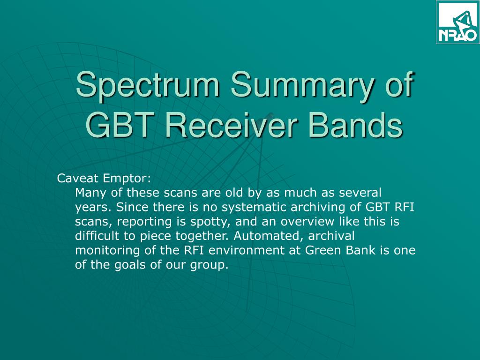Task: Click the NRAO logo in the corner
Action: tap(458, 22)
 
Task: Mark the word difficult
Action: tap(97, 236)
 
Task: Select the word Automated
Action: tap(269, 236)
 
